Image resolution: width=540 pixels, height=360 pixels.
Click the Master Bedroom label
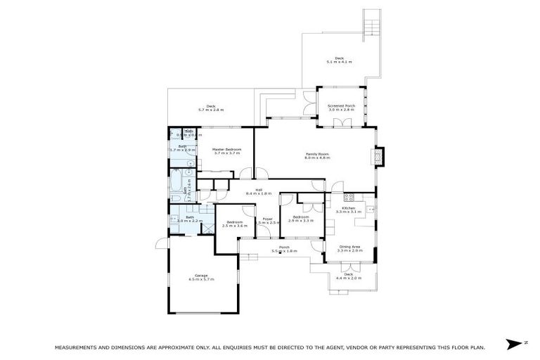coord(226,150)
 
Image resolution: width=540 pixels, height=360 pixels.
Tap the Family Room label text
coord(317,154)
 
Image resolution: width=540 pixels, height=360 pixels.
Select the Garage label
coord(201,275)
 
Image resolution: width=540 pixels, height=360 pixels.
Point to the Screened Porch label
coord(342,106)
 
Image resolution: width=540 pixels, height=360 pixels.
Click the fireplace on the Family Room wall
coord(380,156)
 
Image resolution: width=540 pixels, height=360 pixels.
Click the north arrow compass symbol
coord(515,343)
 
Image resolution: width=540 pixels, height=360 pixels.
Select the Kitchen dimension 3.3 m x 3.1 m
coord(351,212)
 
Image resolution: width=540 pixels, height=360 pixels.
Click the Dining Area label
coord(350,247)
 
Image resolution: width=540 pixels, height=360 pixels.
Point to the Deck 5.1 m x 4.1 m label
coord(339,59)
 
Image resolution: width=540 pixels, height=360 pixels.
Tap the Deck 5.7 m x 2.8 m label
coord(210,107)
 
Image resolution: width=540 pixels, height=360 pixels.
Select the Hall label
coord(258,190)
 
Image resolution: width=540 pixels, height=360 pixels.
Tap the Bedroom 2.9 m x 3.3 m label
coord(300,217)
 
